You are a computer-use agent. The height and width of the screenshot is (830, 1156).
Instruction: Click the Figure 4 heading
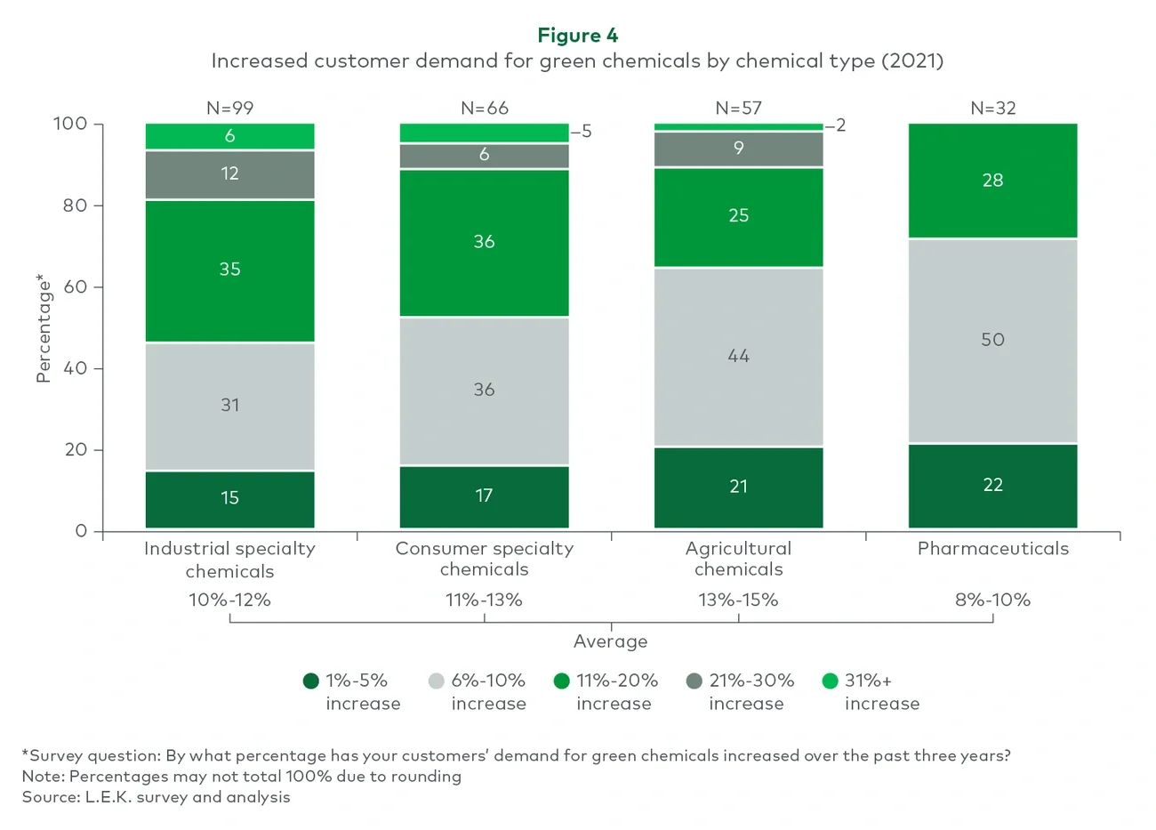point(577,36)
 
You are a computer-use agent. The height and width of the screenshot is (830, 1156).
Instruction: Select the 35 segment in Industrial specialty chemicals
point(229,270)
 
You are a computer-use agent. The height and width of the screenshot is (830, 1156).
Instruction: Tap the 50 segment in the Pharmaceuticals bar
point(992,341)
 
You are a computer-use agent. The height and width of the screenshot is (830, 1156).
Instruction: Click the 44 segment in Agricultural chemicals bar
point(738,357)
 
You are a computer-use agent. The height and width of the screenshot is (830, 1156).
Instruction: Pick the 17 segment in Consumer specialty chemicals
point(484,496)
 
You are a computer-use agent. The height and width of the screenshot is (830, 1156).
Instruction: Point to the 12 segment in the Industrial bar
point(229,174)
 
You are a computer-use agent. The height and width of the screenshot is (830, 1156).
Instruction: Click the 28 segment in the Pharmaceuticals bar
point(992,181)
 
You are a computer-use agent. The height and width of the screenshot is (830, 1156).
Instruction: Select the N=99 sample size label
point(229,109)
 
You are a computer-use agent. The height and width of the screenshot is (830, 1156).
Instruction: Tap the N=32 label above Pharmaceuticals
point(992,109)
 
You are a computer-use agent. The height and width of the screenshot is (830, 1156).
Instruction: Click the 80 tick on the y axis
point(75,205)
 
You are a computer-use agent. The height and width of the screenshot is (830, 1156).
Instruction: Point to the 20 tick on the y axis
point(75,450)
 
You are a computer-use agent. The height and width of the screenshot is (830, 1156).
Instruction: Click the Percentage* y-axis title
point(43,329)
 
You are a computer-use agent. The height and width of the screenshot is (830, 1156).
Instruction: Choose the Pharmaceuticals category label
point(992,549)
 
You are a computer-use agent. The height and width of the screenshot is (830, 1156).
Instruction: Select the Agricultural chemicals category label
point(738,559)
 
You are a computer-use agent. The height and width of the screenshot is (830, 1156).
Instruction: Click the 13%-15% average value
point(738,600)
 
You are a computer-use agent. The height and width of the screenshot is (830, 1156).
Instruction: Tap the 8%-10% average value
point(992,600)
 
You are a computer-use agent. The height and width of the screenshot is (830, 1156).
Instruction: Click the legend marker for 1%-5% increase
point(311,681)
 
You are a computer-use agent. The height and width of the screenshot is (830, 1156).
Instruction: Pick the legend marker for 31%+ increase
point(830,681)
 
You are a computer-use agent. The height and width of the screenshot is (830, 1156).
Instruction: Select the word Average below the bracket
point(610,641)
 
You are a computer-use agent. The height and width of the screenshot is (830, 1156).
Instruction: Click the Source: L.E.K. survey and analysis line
point(157,797)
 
